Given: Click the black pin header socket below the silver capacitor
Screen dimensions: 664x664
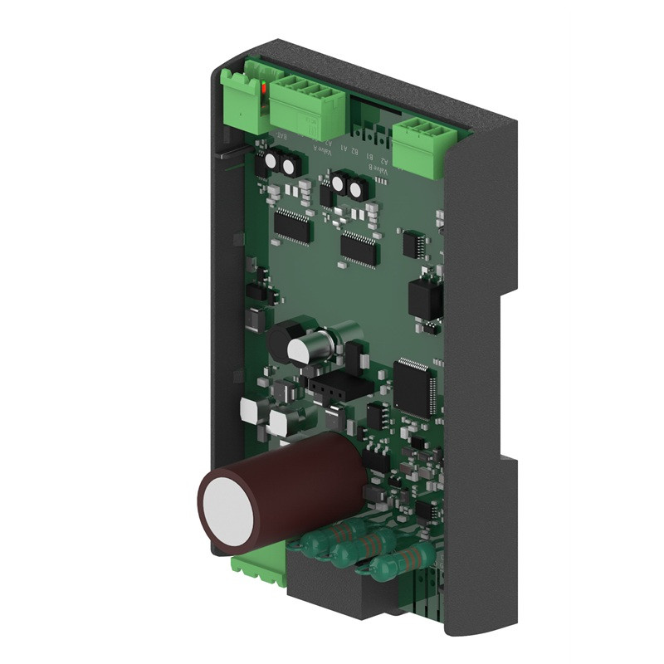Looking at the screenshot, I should click(336, 384).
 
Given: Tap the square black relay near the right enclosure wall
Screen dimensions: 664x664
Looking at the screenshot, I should click(426, 297).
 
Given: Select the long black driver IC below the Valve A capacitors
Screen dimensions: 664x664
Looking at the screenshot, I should click(292, 225).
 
